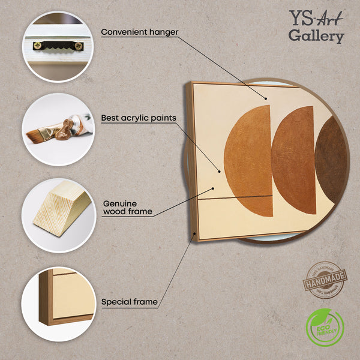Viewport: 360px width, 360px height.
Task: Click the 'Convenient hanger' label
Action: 139,32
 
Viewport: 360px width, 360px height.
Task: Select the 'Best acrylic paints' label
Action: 138,118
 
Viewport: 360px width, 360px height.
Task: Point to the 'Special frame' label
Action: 129,302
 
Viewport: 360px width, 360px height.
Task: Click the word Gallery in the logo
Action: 316,35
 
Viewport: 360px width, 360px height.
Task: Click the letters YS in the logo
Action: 300,16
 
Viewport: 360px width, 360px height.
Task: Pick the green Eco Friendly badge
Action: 325,328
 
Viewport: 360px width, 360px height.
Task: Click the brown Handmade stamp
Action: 325,280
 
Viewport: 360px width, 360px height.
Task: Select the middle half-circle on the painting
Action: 295,159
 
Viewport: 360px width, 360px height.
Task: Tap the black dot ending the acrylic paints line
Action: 220,171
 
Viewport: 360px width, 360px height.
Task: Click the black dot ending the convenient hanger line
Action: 265,97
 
